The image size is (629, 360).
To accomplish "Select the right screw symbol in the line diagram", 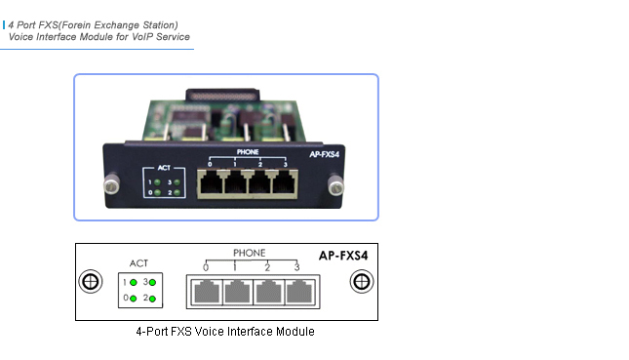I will pyautogui.click(x=361, y=282).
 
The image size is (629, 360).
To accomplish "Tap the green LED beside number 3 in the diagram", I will pyautogui.click(x=152, y=282).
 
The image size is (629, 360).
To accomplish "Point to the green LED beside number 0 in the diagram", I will pyautogui.click(x=133, y=297).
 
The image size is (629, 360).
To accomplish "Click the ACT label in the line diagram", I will pyautogui.click(x=139, y=262).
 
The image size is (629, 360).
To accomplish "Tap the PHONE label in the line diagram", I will pyautogui.click(x=249, y=253).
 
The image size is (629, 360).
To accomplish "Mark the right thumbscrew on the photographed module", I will pyautogui.click(x=336, y=181).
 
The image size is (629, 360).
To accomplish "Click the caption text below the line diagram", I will pyautogui.click(x=225, y=333).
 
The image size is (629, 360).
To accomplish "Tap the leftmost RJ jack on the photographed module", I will pyautogui.click(x=210, y=180).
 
